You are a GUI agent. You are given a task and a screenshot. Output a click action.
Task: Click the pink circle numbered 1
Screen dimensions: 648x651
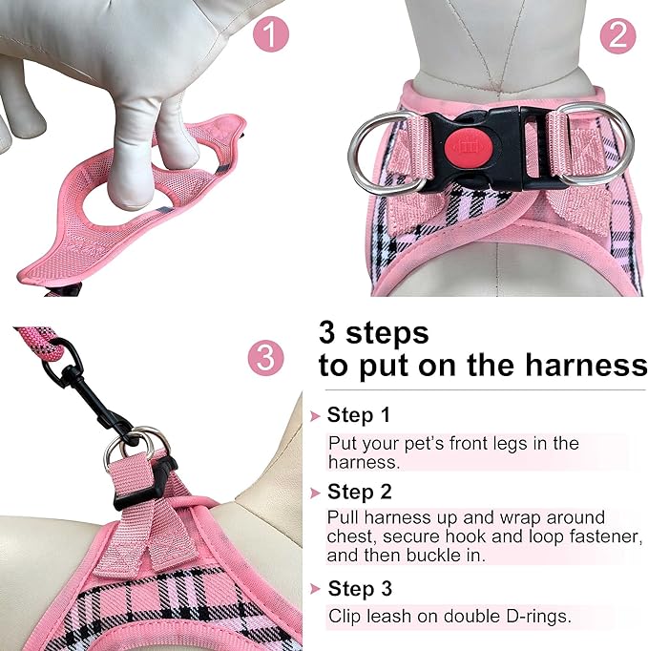[271, 35]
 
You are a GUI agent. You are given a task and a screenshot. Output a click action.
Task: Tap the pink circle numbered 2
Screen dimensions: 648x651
[617, 35]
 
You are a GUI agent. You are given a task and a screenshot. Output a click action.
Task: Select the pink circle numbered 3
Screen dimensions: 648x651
[265, 358]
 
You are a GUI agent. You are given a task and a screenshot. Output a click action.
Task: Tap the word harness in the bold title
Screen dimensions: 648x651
[586, 365]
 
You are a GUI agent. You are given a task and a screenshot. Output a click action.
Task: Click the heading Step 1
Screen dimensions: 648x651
[359, 414]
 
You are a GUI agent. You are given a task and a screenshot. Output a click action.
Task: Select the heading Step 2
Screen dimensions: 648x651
[360, 492]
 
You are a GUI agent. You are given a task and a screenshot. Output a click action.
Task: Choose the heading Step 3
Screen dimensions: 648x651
[360, 588]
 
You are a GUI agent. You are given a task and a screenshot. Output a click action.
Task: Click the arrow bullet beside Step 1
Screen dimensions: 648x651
[316, 416]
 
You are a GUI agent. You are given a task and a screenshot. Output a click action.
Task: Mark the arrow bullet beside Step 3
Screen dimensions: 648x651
[316, 589]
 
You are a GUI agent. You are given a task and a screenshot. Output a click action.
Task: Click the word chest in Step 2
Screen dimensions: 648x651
[351, 536]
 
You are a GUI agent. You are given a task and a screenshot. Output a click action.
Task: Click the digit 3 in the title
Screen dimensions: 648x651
[326, 333]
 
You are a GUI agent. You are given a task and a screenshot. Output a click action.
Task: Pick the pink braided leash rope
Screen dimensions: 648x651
[39, 342]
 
